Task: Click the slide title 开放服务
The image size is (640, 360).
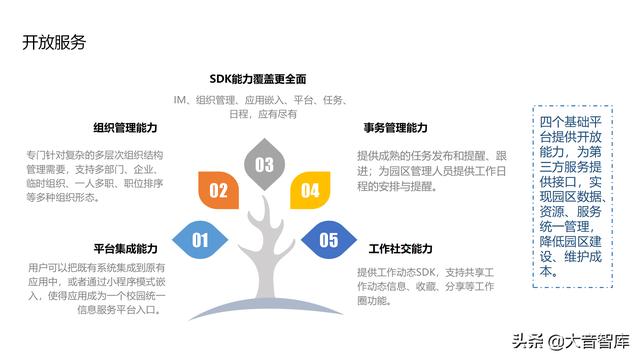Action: tap(54, 42)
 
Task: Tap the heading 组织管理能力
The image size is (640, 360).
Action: tap(125, 129)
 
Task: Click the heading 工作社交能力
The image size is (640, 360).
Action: tap(400, 248)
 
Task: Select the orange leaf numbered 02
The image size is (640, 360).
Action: tap(219, 190)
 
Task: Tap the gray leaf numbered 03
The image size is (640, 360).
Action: tap(264, 164)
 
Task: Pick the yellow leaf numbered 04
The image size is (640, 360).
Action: tap(310, 190)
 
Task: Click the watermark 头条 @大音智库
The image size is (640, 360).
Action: tap(578, 337)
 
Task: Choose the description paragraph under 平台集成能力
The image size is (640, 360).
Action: tap(96, 289)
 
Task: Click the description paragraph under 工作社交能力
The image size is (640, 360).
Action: tap(420, 289)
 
